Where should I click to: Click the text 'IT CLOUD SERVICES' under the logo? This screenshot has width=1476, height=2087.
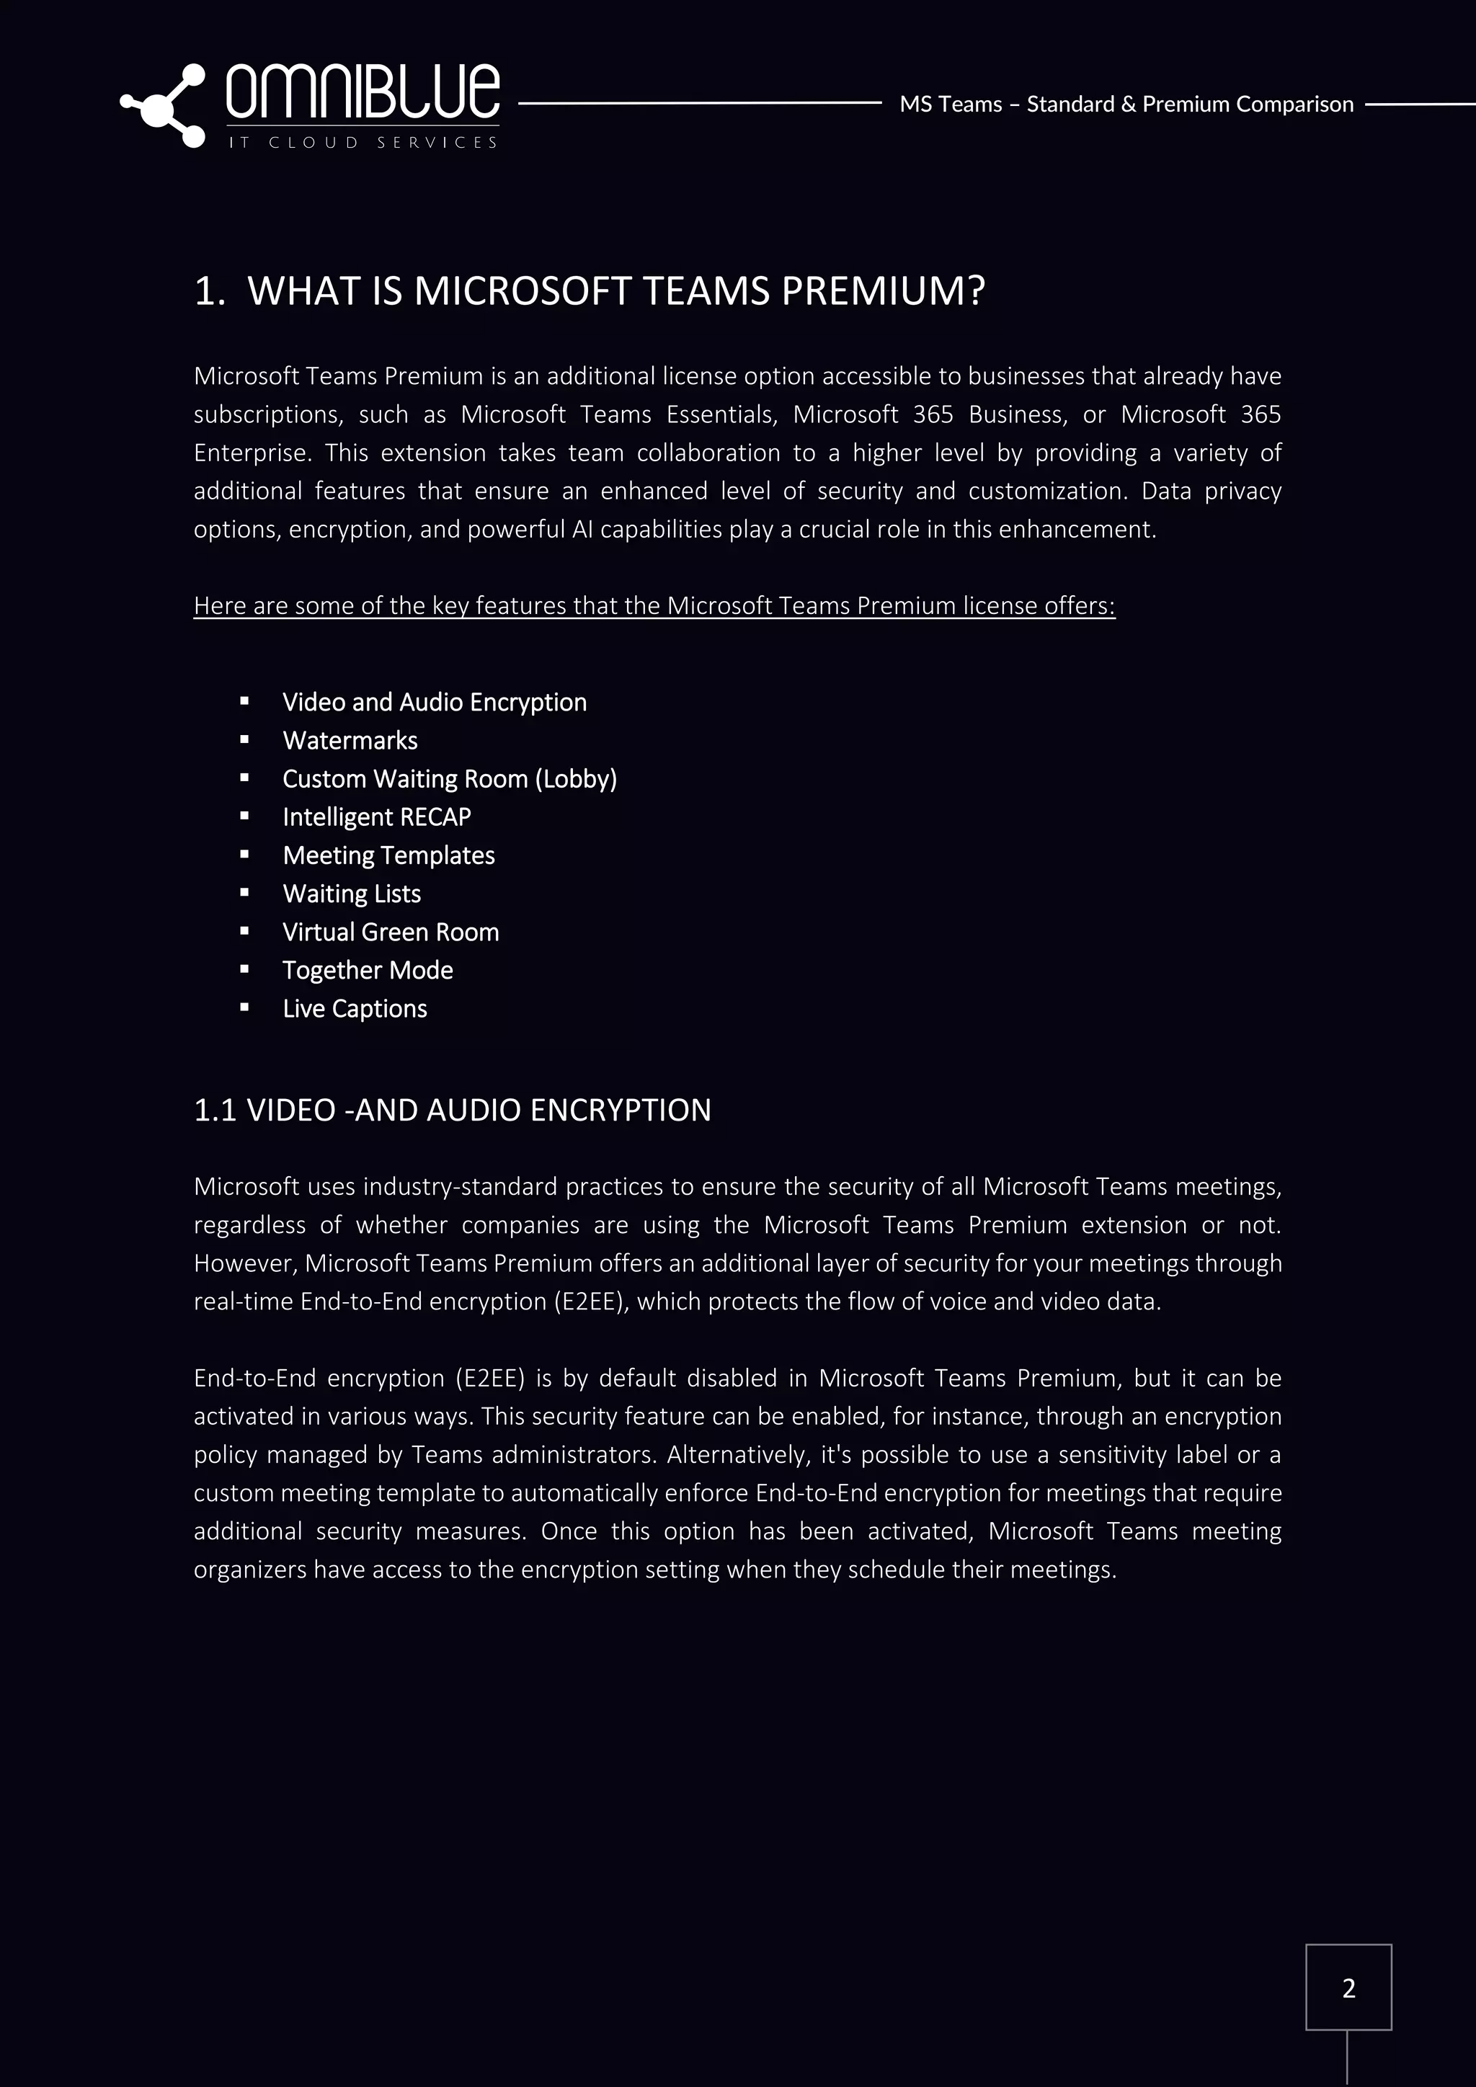tap(362, 143)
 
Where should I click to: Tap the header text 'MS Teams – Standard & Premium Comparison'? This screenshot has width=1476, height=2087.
tap(1125, 104)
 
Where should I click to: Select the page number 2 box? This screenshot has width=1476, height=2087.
tap(1348, 1988)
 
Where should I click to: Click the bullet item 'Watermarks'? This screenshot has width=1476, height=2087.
tap(350, 741)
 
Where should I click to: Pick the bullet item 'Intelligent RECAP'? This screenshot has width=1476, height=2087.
tap(376, 817)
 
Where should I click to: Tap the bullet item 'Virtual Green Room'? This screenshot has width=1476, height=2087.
tap(390, 932)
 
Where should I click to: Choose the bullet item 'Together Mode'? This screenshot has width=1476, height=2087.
tap(367, 970)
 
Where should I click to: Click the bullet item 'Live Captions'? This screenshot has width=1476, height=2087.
tap(355, 1008)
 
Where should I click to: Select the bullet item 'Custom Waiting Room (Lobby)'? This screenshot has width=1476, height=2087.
tap(449, 779)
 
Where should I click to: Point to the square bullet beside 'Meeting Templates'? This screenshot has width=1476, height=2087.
tap(244, 855)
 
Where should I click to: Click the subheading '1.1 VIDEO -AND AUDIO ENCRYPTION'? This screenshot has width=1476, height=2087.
tap(452, 1110)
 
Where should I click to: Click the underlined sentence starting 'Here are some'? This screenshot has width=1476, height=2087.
tap(654, 605)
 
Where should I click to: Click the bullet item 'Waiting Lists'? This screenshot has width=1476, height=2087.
tap(352, 894)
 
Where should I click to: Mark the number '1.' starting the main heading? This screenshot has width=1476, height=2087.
tap(209, 292)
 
